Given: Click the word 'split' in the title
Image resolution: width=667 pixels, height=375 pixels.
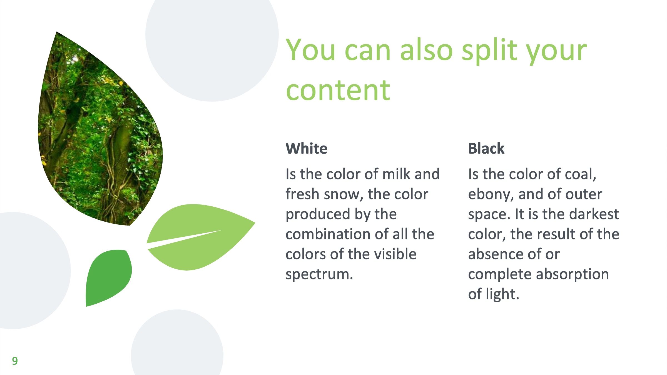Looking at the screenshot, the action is pos(489,52).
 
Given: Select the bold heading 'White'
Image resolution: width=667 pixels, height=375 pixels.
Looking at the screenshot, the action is pos(307,148).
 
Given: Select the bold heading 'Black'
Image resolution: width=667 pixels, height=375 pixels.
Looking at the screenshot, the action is pos(486,148).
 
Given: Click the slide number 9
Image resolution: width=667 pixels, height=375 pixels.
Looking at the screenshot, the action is pos(15,361).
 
